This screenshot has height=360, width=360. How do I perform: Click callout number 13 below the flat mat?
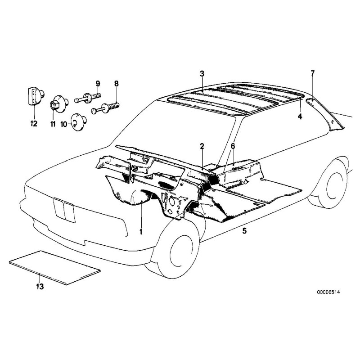(40, 287)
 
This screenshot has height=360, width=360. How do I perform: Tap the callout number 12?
(33, 124)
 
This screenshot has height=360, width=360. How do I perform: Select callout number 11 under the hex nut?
(53, 124)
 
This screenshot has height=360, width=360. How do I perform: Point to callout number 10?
(63, 124)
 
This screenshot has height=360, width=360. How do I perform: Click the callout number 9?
(98, 83)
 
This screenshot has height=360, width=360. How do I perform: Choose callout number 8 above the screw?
(117, 83)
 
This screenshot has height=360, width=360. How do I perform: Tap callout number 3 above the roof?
(202, 74)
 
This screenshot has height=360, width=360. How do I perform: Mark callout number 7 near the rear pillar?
(313, 73)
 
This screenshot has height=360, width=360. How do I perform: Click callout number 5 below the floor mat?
(244, 231)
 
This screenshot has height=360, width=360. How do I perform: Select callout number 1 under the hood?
(141, 231)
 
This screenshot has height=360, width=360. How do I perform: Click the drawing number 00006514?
(328, 292)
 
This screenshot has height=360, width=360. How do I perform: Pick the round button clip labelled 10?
(79, 121)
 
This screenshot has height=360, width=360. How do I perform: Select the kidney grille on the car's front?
(64, 211)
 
